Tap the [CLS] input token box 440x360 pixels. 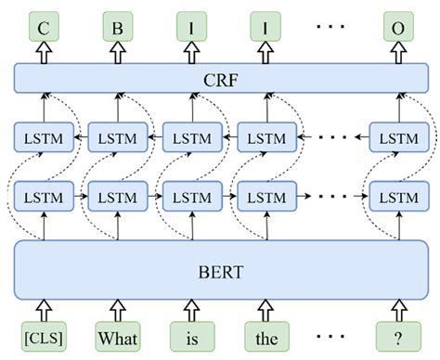[x=43, y=336]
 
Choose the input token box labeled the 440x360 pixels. [x=264, y=336]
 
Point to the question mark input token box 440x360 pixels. [x=396, y=336]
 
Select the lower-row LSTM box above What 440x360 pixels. [x=117, y=197]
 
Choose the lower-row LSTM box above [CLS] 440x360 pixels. [x=43, y=197]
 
